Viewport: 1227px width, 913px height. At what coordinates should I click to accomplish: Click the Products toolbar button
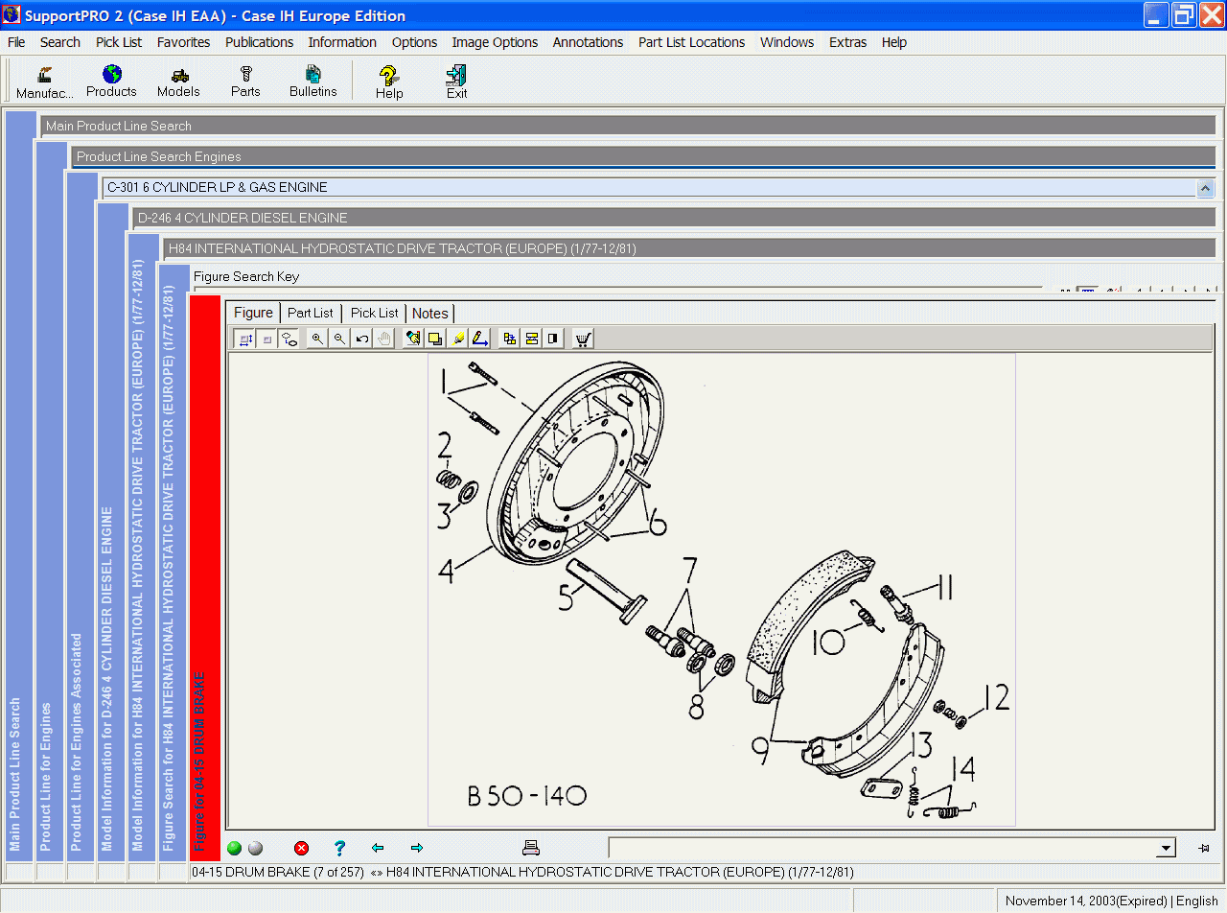pyautogui.click(x=111, y=81)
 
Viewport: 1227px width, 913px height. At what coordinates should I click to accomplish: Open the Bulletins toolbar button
pyautogui.click(x=313, y=81)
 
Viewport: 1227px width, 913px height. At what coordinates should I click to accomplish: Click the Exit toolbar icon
pyautogui.click(x=456, y=81)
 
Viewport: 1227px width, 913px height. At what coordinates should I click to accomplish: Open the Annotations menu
pyautogui.click(x=588, y=42)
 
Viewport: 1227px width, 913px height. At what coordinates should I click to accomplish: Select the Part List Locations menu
pyautogui.click(x=691, y=42)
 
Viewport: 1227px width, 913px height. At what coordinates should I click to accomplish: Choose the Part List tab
pyautogui.click(x=311, y=313)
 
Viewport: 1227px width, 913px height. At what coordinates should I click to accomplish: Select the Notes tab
pyautogui.click(x=429, y=314)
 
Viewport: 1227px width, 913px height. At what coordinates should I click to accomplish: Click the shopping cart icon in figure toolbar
pyautogui.click(x=583, y=339)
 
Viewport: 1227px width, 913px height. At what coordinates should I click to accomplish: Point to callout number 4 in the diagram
pyautogui.click(x=446, y=572)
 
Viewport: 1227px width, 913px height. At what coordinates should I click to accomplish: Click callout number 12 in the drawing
pyautogui.click(x=996, y=699)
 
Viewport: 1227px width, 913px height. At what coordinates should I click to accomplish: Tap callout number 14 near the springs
pyautogui.click(x=962, y=770)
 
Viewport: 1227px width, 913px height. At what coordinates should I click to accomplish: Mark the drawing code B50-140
pyautogui.click(x=526, y=796)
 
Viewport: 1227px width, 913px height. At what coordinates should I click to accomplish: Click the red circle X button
pyautogui.click(x=302, y=848)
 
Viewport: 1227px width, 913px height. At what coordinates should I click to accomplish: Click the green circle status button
pyautogui.click(x=235, y=848)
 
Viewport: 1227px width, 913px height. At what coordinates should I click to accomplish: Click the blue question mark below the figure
pyautogui.click(x=339, y=848)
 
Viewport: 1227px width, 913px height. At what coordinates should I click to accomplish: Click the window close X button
pyautogui.click(x=1211, y=15)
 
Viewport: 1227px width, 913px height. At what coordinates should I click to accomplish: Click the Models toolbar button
pyautogui.click(x=178, y=81)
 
